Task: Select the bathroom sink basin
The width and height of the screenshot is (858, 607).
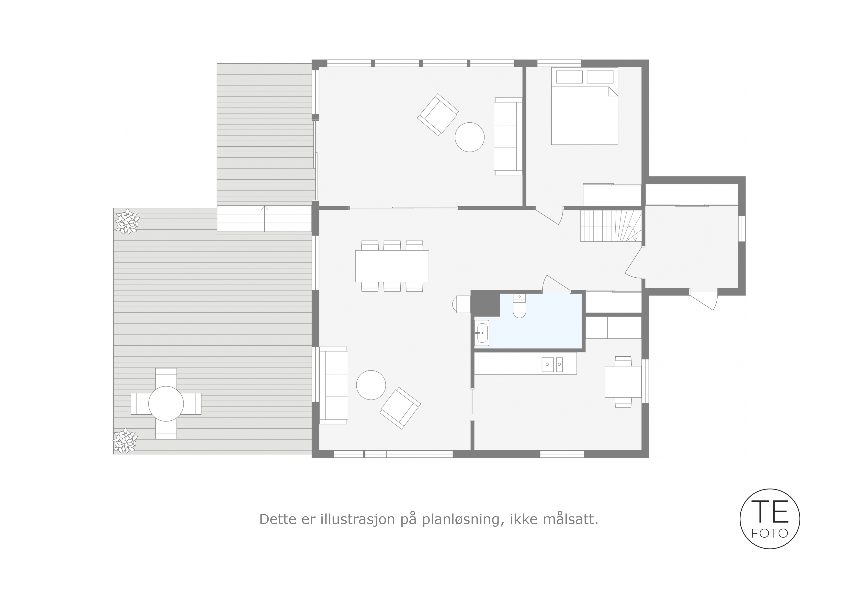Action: tap(482, 332)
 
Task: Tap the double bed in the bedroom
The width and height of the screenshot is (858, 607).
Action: tap(585, 106)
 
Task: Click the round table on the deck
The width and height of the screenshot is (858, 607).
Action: tap(166, 404)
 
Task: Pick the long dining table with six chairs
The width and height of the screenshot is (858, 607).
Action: tap(392, 266)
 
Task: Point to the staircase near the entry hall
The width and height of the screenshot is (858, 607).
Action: tap(611, 225)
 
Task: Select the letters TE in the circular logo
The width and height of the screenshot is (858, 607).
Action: tap(770, 511)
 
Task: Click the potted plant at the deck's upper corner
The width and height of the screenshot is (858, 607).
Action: tap(127, 222)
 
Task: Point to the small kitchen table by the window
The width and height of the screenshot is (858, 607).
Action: tap(623, 382)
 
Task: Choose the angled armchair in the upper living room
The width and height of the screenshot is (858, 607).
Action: tap(438, 115)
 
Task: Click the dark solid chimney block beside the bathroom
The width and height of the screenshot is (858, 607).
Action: tap(485, 303)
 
